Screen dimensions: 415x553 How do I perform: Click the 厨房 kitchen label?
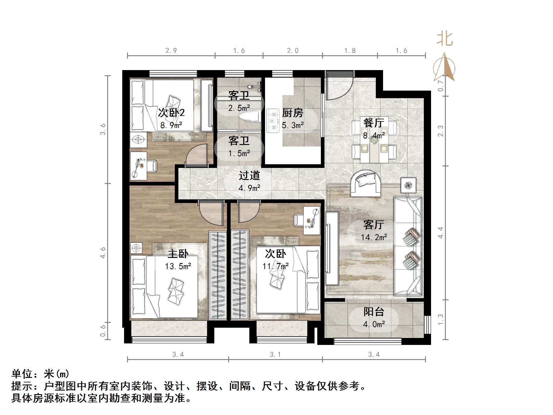(292, 113)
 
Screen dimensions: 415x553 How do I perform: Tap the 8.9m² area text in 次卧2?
(171, 125)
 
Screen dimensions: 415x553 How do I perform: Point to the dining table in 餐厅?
(374, 139)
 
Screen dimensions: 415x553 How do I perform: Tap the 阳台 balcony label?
(374, 311)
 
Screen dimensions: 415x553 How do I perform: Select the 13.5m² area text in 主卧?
(178, 266)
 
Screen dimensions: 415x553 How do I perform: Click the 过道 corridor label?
(249, 175)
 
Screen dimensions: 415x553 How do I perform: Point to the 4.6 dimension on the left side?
(103, 253)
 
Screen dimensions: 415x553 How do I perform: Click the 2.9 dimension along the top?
(171, 51)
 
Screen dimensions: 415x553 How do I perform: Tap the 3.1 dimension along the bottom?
(275, 355)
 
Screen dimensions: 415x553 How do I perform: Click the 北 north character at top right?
(445, 39)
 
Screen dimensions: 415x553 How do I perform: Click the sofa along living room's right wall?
(408, 246)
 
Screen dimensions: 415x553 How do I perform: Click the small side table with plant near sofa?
(408, 185)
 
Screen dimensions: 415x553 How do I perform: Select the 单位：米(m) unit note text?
(40, 374)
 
